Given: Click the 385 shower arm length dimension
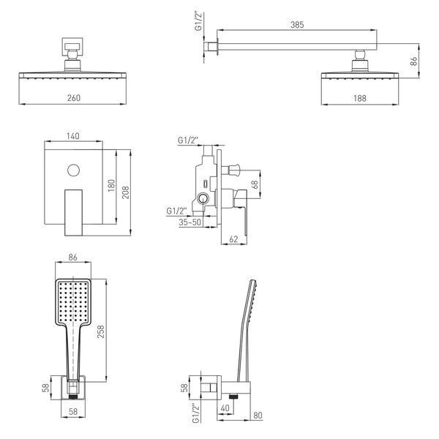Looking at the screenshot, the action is tap(297, 25).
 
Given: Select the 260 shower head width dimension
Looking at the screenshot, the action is tap(74, 98).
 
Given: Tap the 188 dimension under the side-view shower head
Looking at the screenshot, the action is tap(360, 98).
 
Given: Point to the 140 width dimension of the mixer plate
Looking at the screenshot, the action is tap(73, 136).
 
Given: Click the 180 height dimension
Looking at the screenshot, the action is tap(111, 185).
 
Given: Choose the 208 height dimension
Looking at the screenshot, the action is tap(126, 192).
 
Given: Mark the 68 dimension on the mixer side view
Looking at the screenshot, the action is tap(255, 184).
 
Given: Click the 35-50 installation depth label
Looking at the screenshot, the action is tap(190, 222).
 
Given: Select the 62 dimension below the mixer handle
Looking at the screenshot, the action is tap(233, 239).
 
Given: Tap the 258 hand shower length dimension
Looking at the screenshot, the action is tap(100, 331).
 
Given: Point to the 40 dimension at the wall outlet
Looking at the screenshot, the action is tap(225, 408).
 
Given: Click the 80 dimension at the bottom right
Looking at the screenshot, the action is tap(258, 415).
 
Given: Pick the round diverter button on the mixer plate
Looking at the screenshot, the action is tap(74, 170).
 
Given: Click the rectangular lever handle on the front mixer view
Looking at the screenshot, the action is tap(74, 212).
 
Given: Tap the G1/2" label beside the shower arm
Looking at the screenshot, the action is tap(198, 21).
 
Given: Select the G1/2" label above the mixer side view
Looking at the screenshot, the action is tap(188, 140).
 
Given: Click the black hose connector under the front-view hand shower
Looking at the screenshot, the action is tap(73, 397).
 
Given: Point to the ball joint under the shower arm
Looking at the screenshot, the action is tap(360, 55).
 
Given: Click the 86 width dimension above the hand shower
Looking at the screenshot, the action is tap(72, 258).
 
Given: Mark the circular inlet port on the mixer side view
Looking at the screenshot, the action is tap(203, 198).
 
